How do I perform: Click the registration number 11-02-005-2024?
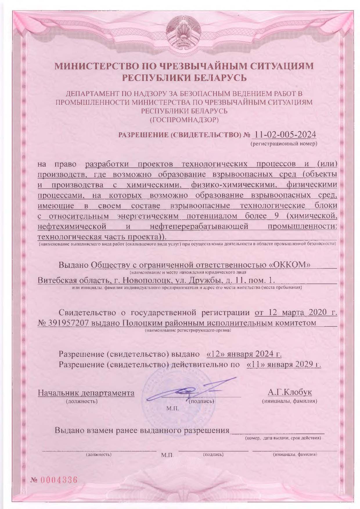click(x=285, y=135)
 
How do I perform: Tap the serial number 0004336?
click(x=59, y=480)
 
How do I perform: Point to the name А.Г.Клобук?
click(x=290, y=392)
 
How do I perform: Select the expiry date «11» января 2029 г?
click(x=284, y=364)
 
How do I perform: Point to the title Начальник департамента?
click(x=86, y=393)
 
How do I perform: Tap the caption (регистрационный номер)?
click(x=284, y=144)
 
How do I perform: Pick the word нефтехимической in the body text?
click(x=72, y=226)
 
